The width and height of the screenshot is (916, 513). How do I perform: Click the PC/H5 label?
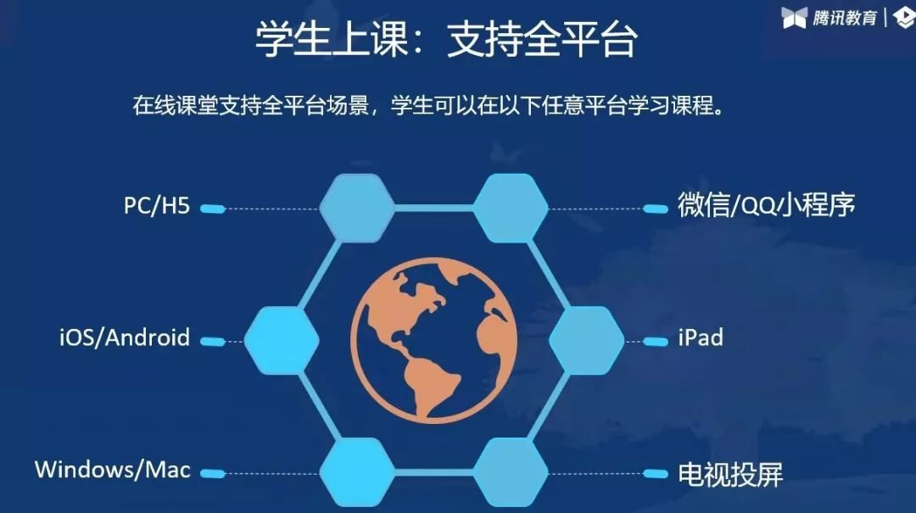pyautogui.click(x=157, y=206)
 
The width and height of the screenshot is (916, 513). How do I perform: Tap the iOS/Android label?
pyautogui.click(x=125, y=337)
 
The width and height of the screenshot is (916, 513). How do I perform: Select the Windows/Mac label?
pyautogui.click(x=113, y=469)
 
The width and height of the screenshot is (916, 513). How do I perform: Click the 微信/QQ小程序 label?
pyautogui.click(x=766, y=204)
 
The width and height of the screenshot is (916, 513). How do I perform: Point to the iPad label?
pyautogui.click(x=701, y=337)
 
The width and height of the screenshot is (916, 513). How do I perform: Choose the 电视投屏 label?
pyautogui.click(x=730, y=474)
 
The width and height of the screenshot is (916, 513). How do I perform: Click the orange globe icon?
pyautogui.click(x=433, y=339)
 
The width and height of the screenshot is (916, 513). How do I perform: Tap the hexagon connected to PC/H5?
pyautogui.click(x=357, y=208)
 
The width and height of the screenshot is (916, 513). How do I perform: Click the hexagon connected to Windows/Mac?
pyautogui.click(x=357, y=472)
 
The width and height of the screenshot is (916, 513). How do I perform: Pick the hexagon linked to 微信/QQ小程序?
pyautogui.click(x=510, y=208)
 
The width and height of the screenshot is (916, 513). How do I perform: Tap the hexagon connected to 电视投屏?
pyautogui.click(x=510, y=472)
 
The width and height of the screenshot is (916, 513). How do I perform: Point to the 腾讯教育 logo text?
pyautogui.click(x=845, y=18)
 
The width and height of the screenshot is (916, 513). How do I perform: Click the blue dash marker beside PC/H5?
pyautogui.click(x=213, y=209)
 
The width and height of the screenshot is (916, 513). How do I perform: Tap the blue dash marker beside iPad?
pyautogui.click(x=655, y=341)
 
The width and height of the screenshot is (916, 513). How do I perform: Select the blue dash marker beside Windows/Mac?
pyautogui.click(x=213, y=473)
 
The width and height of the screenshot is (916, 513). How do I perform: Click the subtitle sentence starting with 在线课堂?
pyautogui.click(x=428, y=106)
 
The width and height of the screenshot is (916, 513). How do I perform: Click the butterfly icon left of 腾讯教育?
pyautogui.click(x=795, y=18)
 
